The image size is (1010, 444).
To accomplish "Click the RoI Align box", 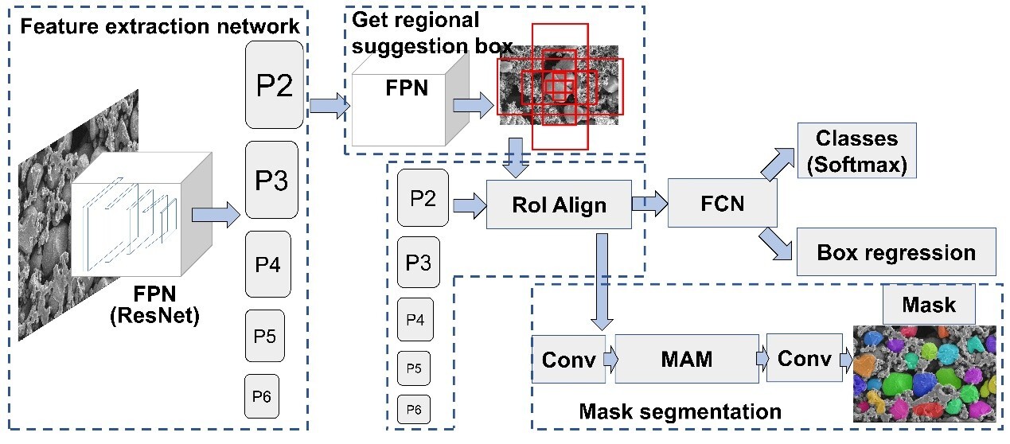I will point(558,204).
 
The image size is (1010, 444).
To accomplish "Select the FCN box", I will point(722,203).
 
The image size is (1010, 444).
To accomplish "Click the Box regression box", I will point(895,252).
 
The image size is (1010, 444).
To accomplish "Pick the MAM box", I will point(686,359).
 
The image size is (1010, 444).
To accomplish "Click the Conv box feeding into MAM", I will point(568,359).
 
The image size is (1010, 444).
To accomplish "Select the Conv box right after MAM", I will point(804,359).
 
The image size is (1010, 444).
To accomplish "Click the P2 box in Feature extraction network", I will point(275,84).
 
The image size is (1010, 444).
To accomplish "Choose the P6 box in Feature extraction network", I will point(262,396).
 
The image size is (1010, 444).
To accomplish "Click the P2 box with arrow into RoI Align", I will point(423,198).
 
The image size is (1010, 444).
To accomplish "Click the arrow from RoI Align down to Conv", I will point(602,282).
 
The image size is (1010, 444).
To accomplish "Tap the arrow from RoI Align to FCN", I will point(649,204).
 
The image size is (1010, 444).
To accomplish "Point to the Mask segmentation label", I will point(680,411).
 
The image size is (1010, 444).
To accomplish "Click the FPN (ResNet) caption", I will point(153,307).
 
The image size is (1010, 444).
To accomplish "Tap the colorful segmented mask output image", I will point(923,372).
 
